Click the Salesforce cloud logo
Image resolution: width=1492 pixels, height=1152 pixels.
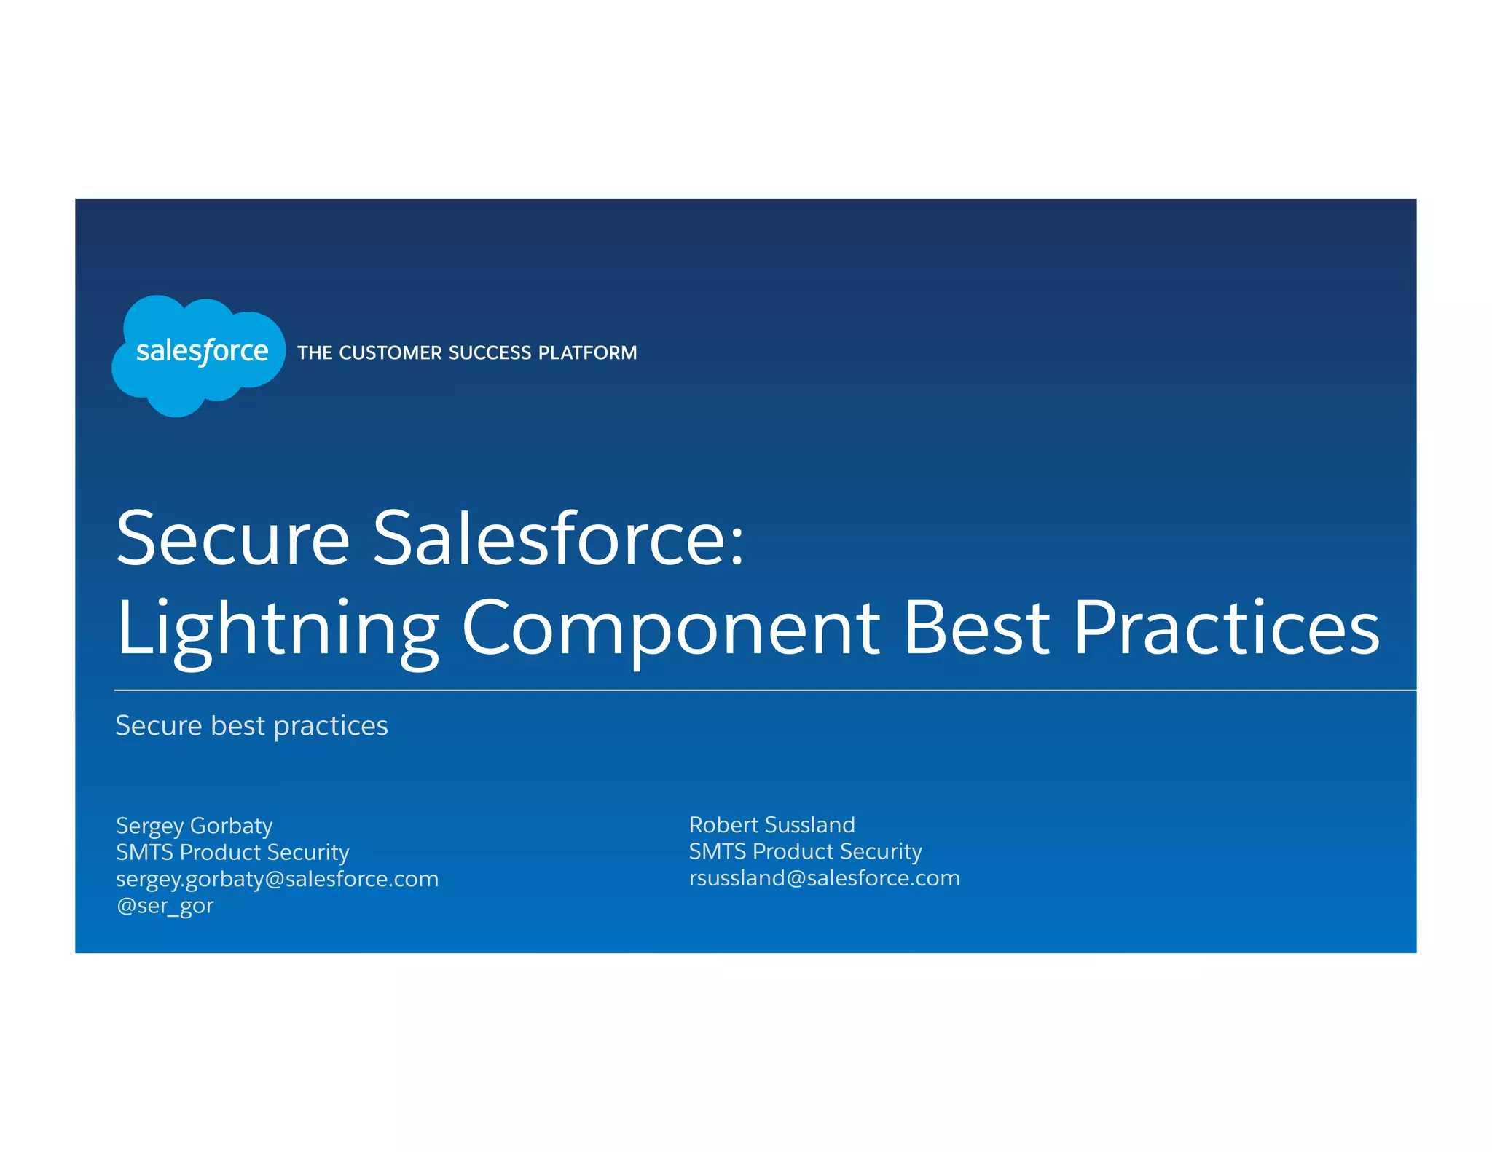[198, 355]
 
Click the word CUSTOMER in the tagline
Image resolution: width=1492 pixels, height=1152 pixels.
[391, 353]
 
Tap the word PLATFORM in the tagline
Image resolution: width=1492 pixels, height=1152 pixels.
[587, 353]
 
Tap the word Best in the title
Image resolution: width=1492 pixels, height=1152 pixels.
[976, 626]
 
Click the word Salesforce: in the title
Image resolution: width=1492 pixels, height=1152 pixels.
[557, 539]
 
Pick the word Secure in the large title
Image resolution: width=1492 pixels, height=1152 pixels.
[233, 539]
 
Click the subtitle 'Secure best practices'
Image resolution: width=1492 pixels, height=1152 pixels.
[251, 726]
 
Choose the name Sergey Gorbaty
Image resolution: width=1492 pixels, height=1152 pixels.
[194, 826]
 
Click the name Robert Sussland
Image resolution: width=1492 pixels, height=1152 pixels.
[771, 825]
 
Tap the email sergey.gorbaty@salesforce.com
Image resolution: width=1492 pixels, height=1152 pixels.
[277, 879]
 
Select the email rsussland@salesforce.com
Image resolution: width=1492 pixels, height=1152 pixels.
[824, 878]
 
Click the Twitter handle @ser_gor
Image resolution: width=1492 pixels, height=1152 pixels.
[165, 906]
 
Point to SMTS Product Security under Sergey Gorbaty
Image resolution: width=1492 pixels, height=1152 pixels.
[232, 852]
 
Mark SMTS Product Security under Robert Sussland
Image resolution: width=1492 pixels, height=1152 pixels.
[805, 851]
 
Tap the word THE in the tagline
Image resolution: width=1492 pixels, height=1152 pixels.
[315, 353]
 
